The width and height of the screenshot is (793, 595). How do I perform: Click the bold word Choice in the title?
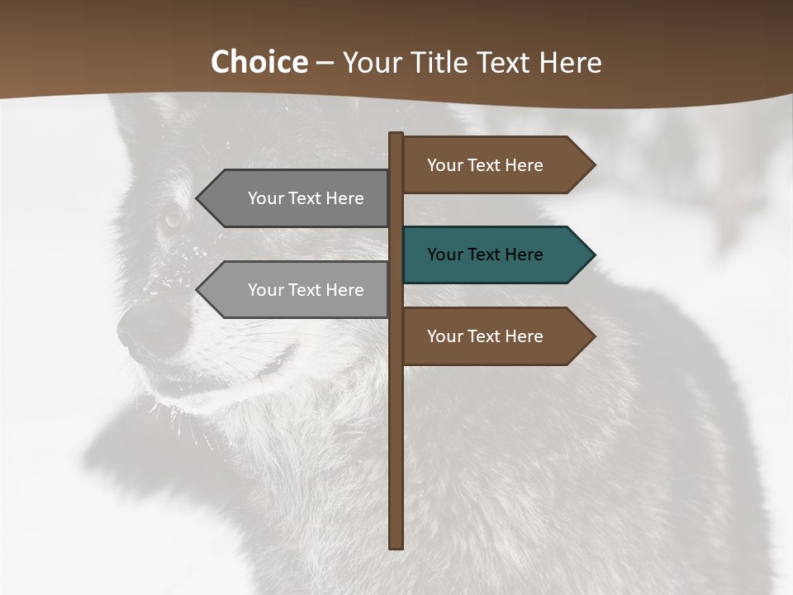point(259,63)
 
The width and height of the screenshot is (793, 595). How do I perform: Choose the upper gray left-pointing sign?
point(297,198)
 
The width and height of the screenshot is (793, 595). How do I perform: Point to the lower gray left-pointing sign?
point(297,290)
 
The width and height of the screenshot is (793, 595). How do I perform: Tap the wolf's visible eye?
point(172,219)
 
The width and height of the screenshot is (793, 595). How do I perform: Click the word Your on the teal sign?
point(444,255)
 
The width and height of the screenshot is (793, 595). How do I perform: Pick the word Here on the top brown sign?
point(524,165)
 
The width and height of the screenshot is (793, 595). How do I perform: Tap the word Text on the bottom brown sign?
point(484,336)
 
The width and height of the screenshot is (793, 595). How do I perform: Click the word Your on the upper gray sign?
point(265,198)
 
